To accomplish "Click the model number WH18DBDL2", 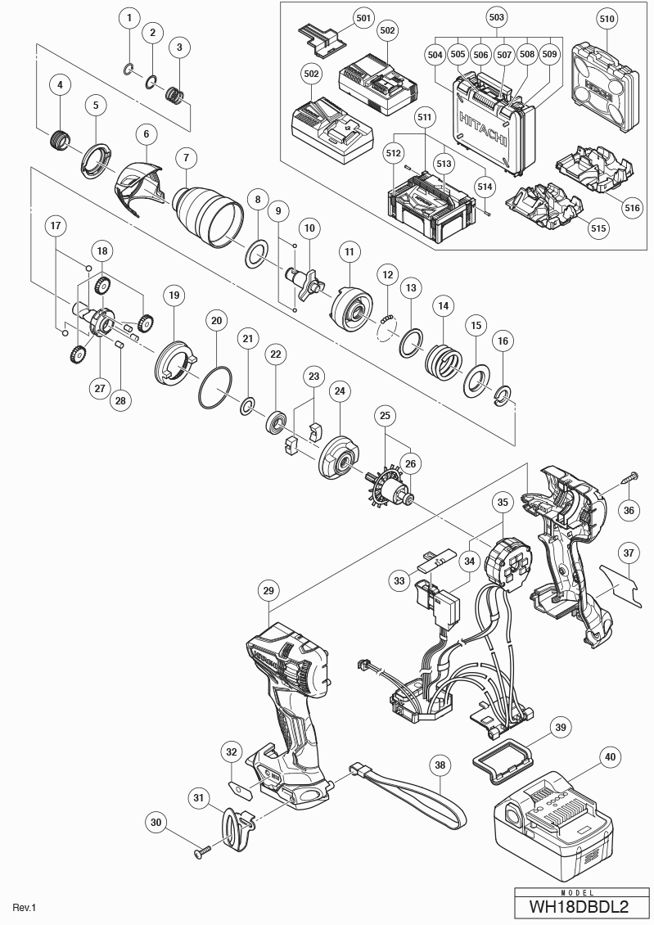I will pos(578,907).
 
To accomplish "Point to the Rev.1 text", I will pos(25,907).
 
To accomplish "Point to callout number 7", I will pos(186,156).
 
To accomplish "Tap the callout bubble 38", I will pos(441,765).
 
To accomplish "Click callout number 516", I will pos(632,208).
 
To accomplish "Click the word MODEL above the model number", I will pos(578,893).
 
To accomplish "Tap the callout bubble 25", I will pos(385,416).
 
